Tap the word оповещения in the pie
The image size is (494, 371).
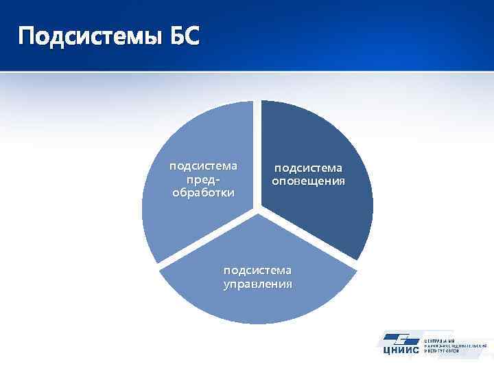click(x=308, y=181)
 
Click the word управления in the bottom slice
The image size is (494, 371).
click(x=257, y=284)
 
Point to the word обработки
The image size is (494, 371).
click(x=203, y=192)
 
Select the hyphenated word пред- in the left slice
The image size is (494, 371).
click(x=202, y=179)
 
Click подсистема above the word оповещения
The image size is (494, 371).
click(x=308, y=168)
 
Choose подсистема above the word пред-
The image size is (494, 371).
click(x=203, y=166)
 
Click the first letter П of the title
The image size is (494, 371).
click(x=27, y=36)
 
